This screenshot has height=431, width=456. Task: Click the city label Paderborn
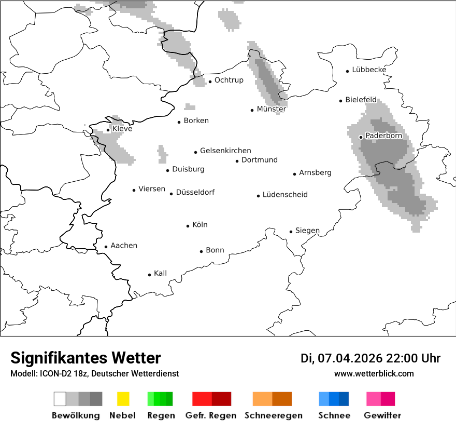(x=383, y=136)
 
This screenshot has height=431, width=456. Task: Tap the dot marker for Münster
(x=252, y=110)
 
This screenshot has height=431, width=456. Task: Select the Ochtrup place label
(x=229, y=80)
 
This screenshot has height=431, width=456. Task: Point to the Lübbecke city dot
(x=348, y=71)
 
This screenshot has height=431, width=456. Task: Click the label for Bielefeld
(x=361, y=100)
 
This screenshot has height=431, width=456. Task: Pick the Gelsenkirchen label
(x=225, y=151)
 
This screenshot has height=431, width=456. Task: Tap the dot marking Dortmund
(x=237, y=161)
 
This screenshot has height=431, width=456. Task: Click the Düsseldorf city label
(x=195, y=193)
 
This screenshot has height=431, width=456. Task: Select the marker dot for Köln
(x=188, y=226)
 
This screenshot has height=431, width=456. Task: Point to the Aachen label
(x=124, y=246)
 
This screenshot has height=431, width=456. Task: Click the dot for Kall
(x=150, y=275)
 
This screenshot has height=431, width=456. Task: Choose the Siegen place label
(x=307, y=231)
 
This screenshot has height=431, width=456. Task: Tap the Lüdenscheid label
(x=285, y=195)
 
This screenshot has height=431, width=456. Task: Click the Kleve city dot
(x=108, y=130)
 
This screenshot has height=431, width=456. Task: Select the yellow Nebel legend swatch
(x=123, y=399)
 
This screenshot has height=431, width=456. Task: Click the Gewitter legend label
(x=382, y=415)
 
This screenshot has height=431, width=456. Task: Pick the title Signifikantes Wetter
(x=85, y=358)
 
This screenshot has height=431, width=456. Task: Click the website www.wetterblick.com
(x=374, y=373)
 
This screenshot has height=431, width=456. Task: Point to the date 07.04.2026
(x=350, y=358)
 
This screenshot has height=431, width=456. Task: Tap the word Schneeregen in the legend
(x=273, y=415)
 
